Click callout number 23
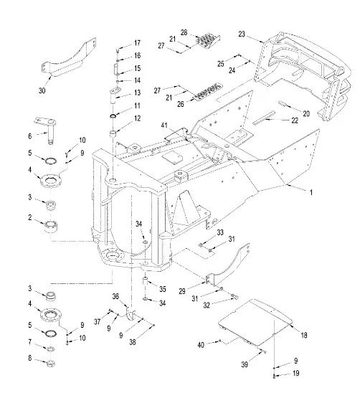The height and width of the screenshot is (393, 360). [x=242, y=34]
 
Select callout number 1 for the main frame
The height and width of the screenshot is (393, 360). [x=311, y=192]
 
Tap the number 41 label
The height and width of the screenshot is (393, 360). [x=164, y=125]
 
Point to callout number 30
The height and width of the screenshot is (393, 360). [x=42, y=90]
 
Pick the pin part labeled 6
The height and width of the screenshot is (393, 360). [x=47, y=130]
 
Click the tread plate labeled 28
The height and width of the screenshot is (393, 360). [x=207, y=39]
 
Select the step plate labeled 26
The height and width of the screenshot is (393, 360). [x=209, y=92]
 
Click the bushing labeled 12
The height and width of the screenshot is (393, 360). [x=113, y=133]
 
